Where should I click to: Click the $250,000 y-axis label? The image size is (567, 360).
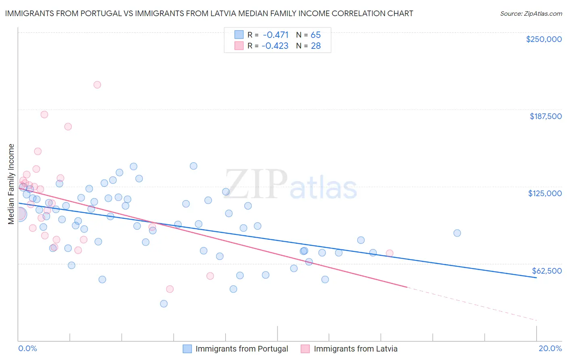(544, 39)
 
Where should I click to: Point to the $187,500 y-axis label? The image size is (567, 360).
(545, 116)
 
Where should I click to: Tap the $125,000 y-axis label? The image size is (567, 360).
(545, 193)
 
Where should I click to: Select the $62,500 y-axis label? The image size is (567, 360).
(546, 271)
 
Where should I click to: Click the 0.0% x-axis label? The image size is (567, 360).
(27, 348)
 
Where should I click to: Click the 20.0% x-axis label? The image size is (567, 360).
(550, 348)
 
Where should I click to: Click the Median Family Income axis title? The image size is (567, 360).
(11, 184)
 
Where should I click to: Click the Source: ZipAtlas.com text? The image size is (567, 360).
(531, 13)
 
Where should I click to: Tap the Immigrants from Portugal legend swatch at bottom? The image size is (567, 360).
(187, 349)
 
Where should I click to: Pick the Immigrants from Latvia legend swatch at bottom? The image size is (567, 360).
(305, 349)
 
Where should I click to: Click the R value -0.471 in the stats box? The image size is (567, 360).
(275, 35)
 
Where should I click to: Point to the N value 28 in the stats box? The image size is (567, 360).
(316, 46)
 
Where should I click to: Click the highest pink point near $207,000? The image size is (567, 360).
(97, 85)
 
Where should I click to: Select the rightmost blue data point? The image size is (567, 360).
(457, 233)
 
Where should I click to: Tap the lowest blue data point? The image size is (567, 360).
(164, 303)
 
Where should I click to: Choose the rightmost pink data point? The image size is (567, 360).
(390, 253)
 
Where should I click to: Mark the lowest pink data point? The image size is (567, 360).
(170, 289)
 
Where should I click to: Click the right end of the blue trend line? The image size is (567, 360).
(536, 278)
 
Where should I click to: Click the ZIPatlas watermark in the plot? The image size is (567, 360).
(290, 184)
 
